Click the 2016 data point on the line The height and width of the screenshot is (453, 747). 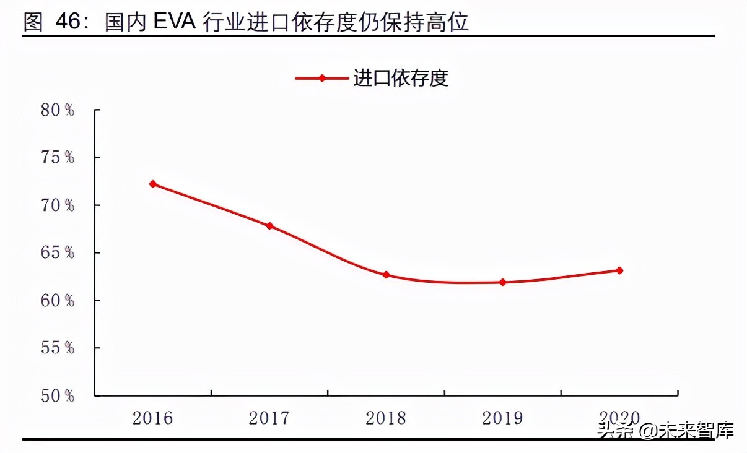pos(153,184)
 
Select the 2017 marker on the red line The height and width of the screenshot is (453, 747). pos(269,226)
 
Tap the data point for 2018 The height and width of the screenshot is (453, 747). pos(386,275)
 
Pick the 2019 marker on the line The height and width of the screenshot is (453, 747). pos(502,282)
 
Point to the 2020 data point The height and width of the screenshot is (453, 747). pos(619,270)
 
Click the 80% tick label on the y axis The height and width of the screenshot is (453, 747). pos(58,110)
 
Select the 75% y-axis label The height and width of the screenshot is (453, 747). pos(58,158)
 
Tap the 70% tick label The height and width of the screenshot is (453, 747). pos(58,205)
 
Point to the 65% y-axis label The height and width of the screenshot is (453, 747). pos(58,253)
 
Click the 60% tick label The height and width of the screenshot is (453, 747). pos(58,301)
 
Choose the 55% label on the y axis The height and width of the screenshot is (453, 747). pos(58,348)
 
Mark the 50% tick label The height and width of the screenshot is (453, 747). pos(58,396)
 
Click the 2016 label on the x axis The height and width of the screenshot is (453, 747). pos(153,418)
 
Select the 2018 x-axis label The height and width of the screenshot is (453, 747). pos(386,418)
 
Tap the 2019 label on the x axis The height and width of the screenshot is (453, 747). pos(502,418)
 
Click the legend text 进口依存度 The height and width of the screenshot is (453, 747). pos(400,79)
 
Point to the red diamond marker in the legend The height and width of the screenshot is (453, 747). pos(321,79)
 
